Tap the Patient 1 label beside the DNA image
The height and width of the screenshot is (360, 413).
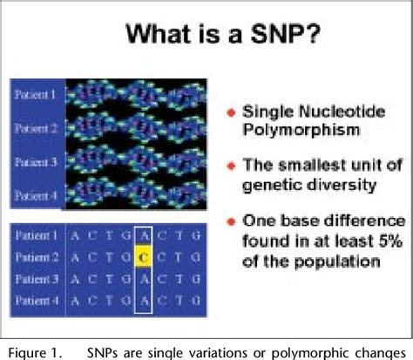coord(33,92)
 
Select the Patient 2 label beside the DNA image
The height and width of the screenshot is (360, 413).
coord(33,128)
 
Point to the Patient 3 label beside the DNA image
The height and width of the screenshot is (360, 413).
coord(33,162)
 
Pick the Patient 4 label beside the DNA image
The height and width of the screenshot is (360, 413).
coord(33,196)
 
